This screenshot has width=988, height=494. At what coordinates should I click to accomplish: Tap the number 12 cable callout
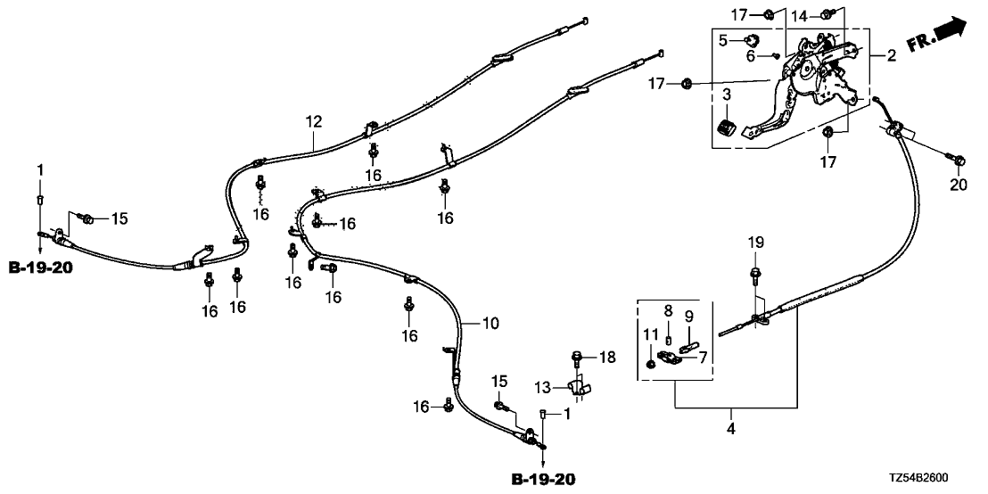[313, 120]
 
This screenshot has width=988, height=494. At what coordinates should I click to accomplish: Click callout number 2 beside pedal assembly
[892, 57]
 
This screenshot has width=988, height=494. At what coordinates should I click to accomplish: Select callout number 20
[959, 185]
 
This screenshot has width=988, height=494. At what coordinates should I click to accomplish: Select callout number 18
[608, 357]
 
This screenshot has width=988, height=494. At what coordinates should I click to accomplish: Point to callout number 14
[799, 15]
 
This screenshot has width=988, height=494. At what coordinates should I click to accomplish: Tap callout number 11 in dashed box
[650, 335]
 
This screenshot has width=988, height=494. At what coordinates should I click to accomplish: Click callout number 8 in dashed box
[668, 310]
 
